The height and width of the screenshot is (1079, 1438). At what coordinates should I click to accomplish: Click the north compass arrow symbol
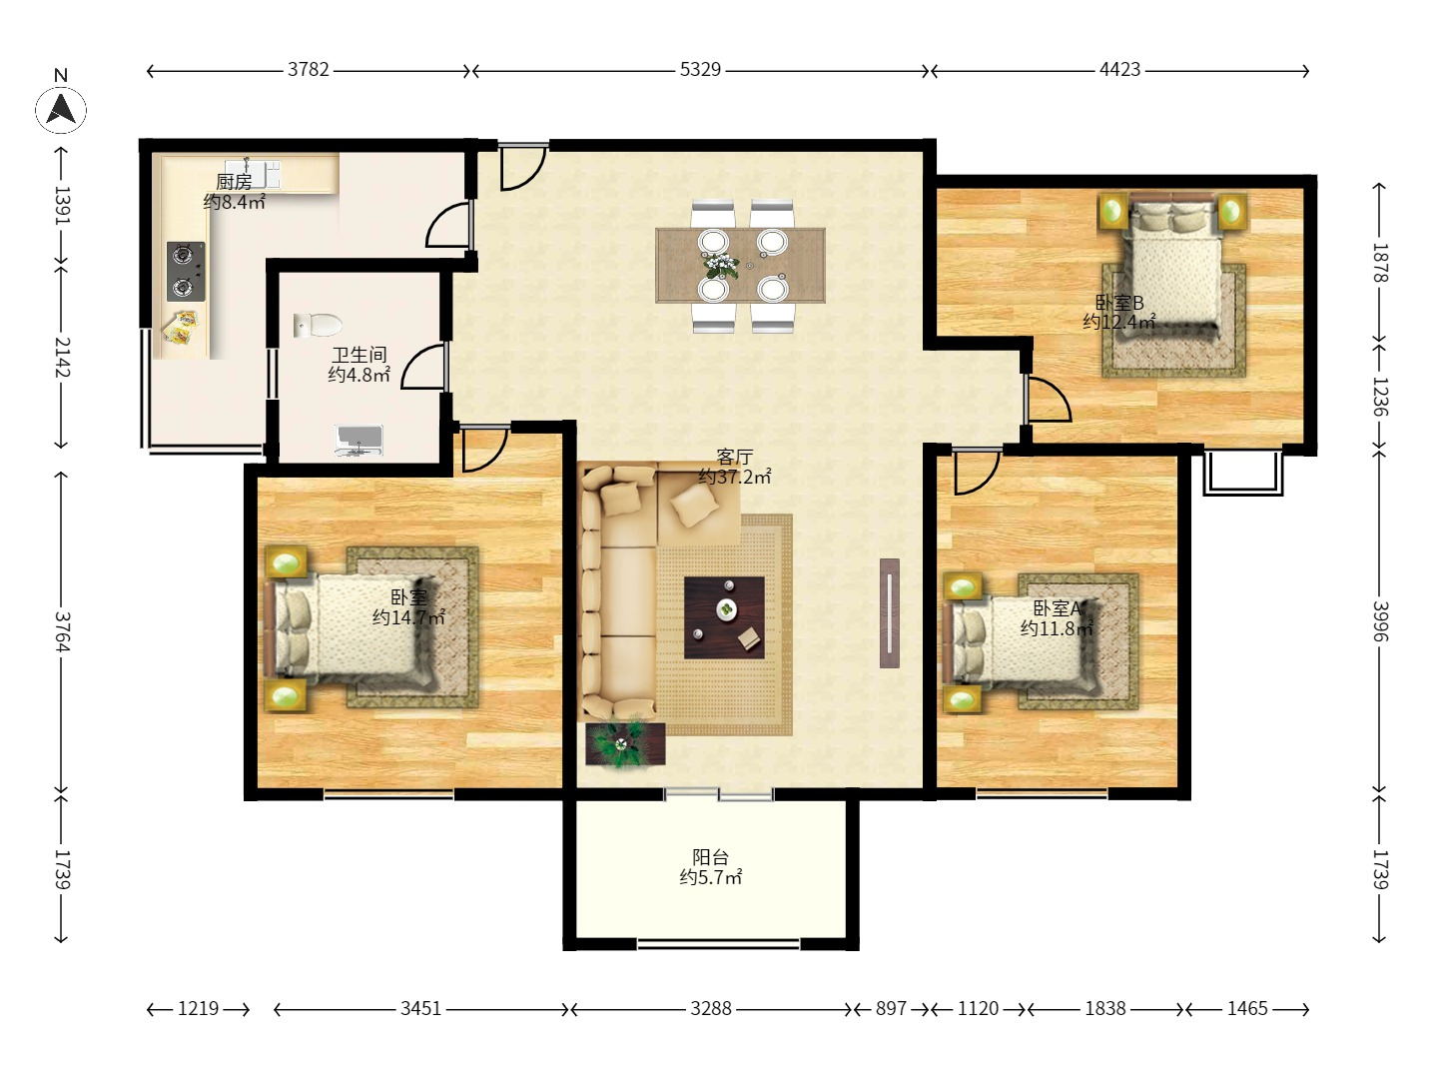click(x=60, y=109)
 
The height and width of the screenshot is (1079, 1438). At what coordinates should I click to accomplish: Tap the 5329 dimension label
click(x=700, y=70)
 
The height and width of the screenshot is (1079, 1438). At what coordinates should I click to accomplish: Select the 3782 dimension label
click(x=308, y=70)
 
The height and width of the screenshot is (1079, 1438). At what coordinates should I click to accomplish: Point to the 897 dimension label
click(x=891, y=1008)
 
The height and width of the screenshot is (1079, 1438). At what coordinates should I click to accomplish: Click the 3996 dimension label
click(x=1378, y=621)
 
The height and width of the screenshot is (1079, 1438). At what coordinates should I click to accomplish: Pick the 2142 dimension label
click(x=62, y=357)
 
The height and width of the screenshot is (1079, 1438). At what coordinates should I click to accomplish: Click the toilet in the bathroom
click(x=318, y=325)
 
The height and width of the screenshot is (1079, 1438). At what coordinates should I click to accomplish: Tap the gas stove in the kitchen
click(x=186, y=271)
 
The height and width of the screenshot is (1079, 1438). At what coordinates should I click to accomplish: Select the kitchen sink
click(x=253, y=174)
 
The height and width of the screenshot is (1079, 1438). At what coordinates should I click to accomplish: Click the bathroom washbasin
click(x=359, y=440)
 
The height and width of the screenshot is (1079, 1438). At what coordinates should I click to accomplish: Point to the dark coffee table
click(x=724, y=617)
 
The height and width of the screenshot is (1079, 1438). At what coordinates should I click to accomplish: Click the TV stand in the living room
click(x=889, y=613)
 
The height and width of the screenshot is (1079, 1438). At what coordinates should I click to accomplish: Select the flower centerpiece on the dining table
click(x=721, y=266)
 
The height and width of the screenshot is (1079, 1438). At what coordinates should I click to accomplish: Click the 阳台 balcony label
click(x=710, y=857)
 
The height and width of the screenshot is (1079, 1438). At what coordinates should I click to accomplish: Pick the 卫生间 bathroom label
click(x=359, y=355)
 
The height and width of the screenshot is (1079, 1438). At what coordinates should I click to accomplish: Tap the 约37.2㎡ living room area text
click(x=734, y=477)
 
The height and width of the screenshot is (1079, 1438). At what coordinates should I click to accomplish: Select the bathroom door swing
click(x=423, y=367)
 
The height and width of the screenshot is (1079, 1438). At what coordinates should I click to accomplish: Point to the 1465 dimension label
click(x=1246, y=1008)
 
